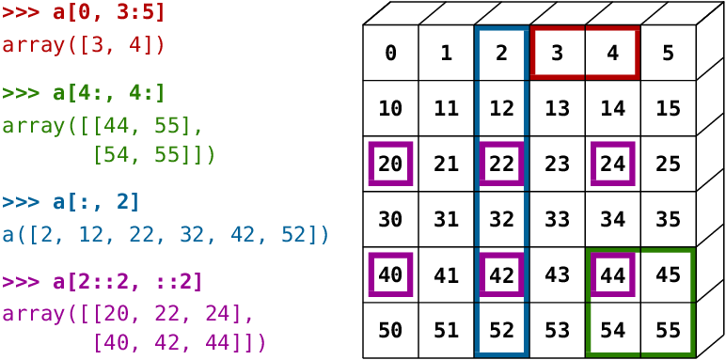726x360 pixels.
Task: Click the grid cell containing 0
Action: point(390,53)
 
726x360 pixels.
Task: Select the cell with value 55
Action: point(668,330)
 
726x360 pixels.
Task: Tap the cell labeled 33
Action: point(557,219)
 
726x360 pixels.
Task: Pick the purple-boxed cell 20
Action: point(390,164)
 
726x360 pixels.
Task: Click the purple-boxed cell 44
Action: point(612,274)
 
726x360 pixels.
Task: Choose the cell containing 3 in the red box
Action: point(557,53)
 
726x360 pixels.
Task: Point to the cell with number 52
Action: point(501,330)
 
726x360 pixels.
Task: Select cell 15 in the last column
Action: point(668,108)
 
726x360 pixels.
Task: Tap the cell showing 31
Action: point(446,219)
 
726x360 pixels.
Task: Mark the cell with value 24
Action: point(612,164)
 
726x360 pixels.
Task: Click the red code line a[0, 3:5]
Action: point(84,12)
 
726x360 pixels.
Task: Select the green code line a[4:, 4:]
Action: point(84,93)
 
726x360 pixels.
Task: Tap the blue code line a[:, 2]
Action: point(71,201)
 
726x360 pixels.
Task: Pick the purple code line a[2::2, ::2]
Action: point(103,281)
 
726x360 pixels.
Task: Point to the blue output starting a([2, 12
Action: point(166,234)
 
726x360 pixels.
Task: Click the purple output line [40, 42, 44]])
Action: point(179,342)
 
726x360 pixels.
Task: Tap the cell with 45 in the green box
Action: point(668,274)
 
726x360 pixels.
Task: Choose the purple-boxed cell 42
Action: point(501,274)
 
